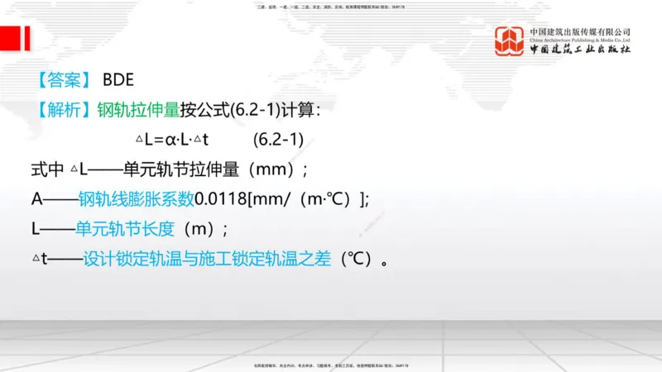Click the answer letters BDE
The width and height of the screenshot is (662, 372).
click(x=118, y=80)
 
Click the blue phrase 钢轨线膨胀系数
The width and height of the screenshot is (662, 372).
click(x=136, y=199)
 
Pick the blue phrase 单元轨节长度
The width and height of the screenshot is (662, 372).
click(x=125, y=229)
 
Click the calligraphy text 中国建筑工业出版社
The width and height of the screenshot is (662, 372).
click(x=580, y=50)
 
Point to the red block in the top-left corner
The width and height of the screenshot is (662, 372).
click(x=14, y=37)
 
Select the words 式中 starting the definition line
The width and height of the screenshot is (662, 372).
click(x=46, y=169)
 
